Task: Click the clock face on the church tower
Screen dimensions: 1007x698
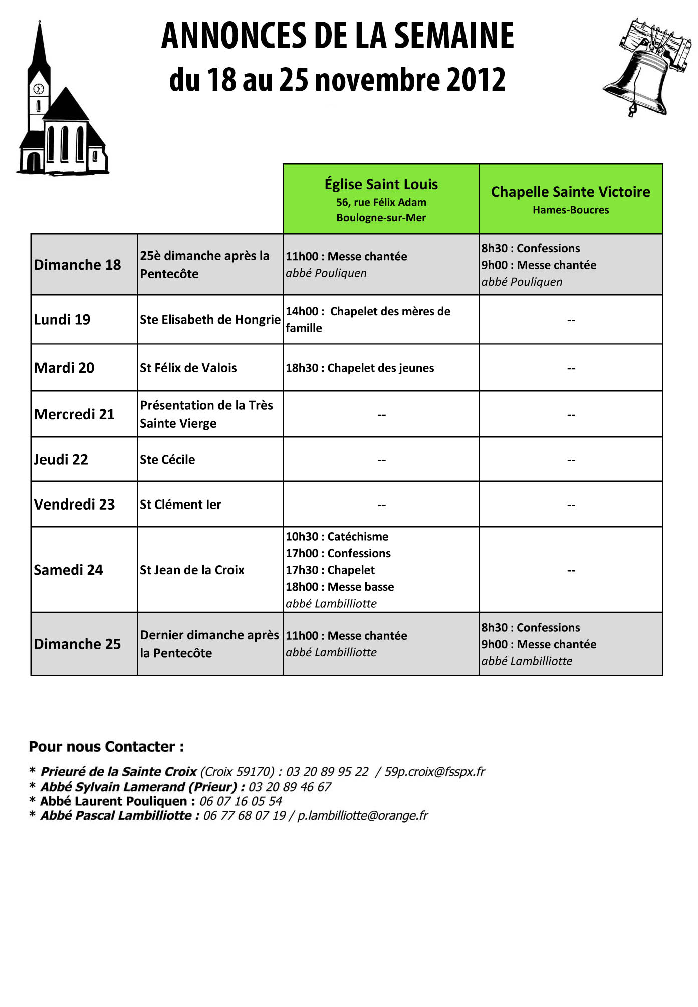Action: click(x=39, y=89)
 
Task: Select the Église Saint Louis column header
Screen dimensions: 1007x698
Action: click(x=381, y=199)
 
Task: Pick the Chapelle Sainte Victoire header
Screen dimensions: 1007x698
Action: click(x=570, y=199)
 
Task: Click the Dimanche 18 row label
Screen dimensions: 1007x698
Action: click(x=77, y=265)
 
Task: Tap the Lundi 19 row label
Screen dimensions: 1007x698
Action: click(x=62, y=320)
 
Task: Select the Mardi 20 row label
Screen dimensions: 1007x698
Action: click(x=64, y=368)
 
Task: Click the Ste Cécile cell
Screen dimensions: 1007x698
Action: click(x=167, y=459)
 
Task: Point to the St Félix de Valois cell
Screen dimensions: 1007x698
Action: click(x=188, y=368)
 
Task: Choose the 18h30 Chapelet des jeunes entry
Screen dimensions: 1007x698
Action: click(x=360, y=368)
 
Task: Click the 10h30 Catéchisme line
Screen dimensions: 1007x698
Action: click(x=337, y=537)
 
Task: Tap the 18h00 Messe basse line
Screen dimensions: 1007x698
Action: click(x=340, y=587)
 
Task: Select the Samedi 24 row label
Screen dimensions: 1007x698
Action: click(x=68, y=570)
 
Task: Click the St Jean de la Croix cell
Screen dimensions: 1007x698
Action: click(x=192, y=570)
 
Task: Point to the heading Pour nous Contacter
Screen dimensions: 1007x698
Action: click(x=106, y=747)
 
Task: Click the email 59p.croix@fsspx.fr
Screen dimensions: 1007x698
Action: click(x=434, y=772)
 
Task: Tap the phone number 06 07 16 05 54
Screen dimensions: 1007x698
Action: click(x=241, y=801)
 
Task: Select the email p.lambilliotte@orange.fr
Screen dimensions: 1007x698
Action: click(x=363, y=816)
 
